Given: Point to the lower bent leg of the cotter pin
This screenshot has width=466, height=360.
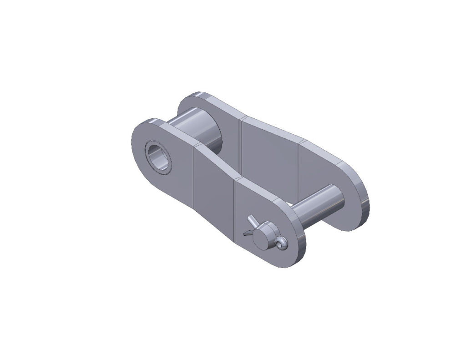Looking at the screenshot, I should click(247, 233).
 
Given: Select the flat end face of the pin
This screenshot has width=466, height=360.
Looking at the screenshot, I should click(263, 236).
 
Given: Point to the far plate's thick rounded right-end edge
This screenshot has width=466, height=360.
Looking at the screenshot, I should click(364, 200).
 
